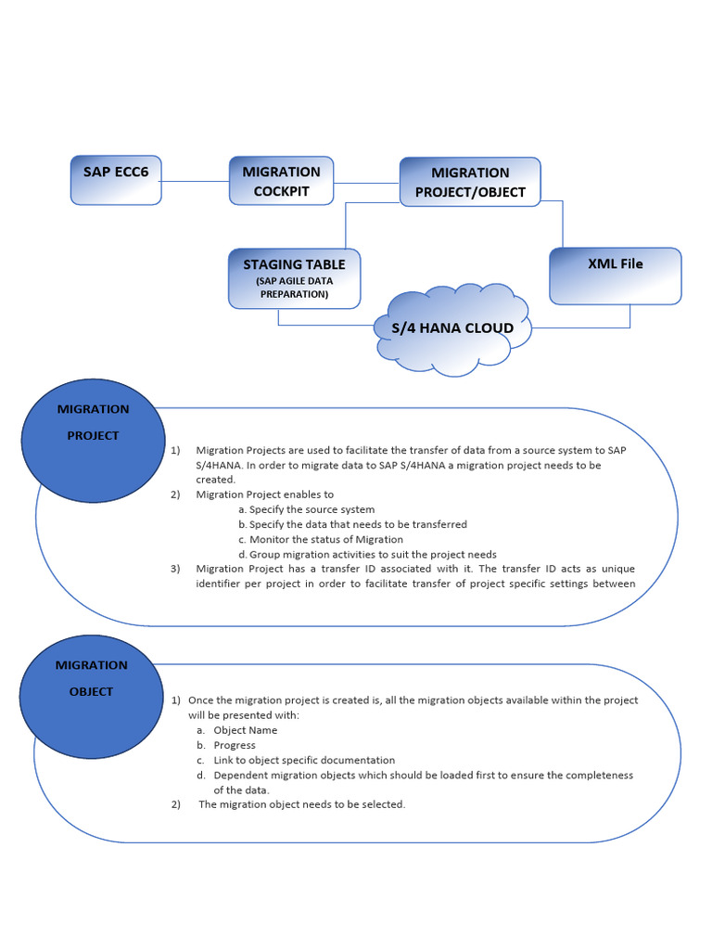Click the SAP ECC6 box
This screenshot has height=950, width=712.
click(116, 179)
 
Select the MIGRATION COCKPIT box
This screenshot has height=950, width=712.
click(281, 180)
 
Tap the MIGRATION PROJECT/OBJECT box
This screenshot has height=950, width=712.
click(470, 182)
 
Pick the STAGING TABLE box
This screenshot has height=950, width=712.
click(294, 277)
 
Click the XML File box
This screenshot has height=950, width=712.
click(615, 276)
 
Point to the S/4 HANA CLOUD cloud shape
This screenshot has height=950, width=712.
click(452, 329)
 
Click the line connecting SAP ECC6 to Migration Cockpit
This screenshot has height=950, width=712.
click(195, 181)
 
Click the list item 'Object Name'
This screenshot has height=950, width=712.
click(245, 730)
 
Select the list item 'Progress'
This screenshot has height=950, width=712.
click(234, 745)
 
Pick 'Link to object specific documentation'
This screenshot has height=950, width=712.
click(303, 760)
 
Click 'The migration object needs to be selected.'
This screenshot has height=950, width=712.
click(301, 804)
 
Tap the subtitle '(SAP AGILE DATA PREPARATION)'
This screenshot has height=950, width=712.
click(294, 288)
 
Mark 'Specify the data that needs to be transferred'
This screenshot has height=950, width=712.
click(358, 524)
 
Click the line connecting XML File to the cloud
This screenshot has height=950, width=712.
click(593, 327)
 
